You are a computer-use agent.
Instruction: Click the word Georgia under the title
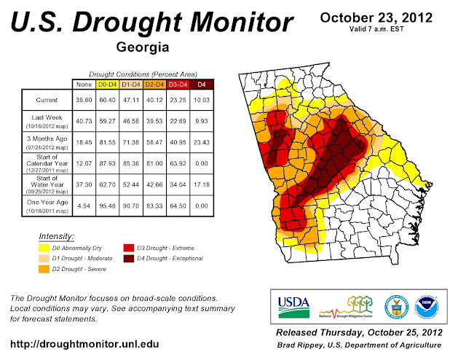(142, 48)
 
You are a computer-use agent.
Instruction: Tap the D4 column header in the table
(201, 84)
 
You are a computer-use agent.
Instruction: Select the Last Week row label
(46, 119)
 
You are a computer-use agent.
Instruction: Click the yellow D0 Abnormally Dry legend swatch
(44, 246)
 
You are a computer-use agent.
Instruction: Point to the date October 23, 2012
(376, 17)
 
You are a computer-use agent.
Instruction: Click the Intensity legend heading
(56, 236)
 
